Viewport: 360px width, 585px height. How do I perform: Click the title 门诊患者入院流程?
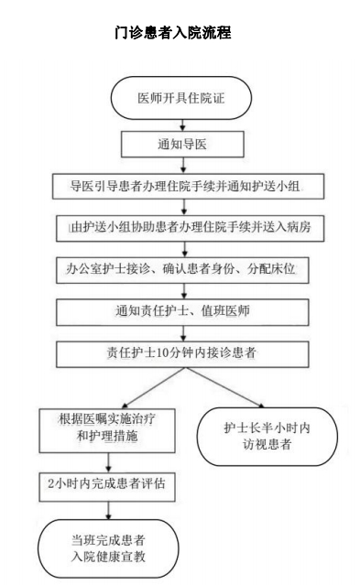tap(180, 34)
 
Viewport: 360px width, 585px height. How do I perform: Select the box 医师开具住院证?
tap(181, 99)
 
